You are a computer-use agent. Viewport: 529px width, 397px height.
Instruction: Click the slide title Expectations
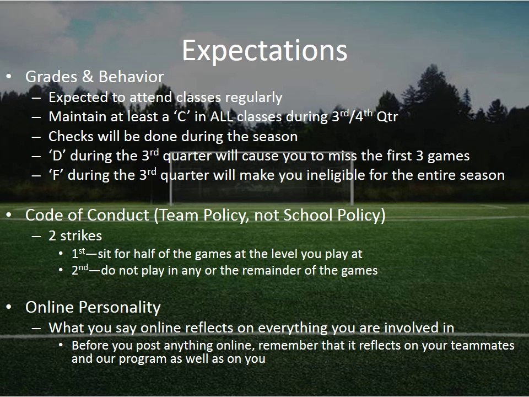(x=264, y=51)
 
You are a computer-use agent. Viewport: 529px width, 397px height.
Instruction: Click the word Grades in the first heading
(x=51, y=77)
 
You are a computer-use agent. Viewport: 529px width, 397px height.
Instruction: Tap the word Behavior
(x=131, y=77)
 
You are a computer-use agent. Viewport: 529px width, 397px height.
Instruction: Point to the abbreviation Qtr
(x=387, y=117)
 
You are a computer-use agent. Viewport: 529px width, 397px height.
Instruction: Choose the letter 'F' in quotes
(x=56, y=175)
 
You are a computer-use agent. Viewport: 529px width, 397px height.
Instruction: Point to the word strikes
(x=81, y=236)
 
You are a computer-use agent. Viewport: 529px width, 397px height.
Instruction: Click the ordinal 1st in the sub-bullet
(x=79, y=253)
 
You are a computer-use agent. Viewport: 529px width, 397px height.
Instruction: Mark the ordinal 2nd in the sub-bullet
(x=80, y=270)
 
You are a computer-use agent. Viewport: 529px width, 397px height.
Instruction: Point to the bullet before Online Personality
(x=9, y=307)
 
